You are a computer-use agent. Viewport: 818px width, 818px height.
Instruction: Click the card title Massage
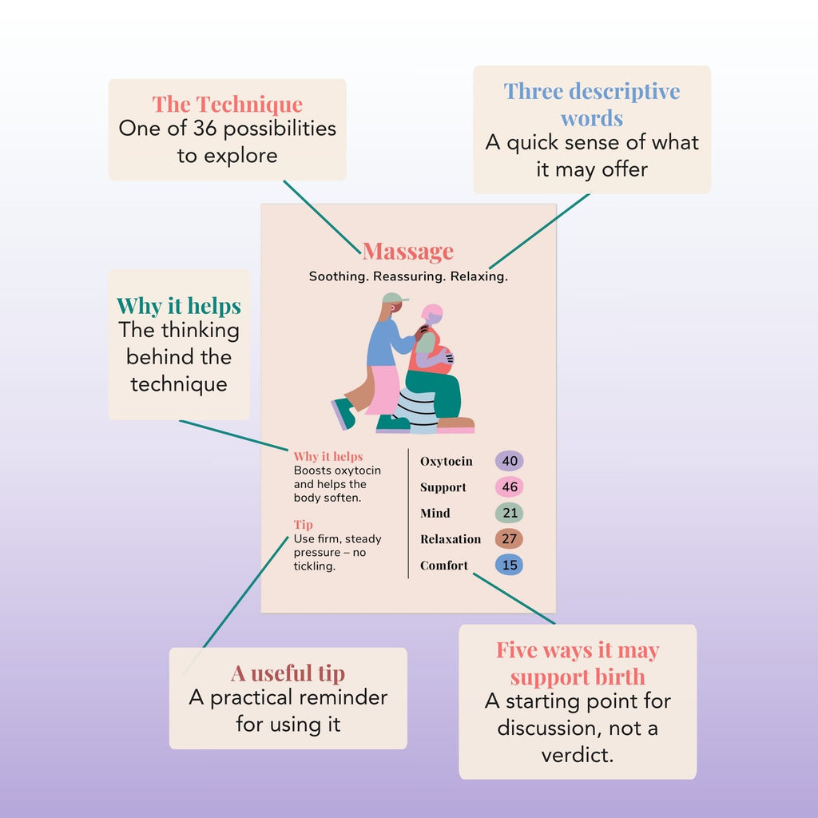[x=408, y=252]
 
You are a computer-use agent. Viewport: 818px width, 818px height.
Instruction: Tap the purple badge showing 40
[x=509, y=461]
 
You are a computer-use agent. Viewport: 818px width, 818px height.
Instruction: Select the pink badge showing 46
[x=509, y=486]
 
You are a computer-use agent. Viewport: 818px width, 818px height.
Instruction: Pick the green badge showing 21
[x=509, y=513]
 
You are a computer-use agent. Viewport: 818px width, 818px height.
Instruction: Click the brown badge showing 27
[x=509, y=539]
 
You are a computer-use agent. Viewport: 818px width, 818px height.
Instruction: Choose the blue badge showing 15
[x=509, y=565]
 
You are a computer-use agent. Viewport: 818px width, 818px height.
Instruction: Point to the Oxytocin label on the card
[x=447, y=462]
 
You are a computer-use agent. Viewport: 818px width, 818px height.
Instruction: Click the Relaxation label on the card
[x=451, y=539]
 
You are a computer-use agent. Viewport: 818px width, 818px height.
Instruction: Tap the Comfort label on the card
[x=444, y=565]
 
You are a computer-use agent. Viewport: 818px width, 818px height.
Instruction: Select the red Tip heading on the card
[x=303, y=525]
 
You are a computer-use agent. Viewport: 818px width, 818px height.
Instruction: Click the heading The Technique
[x=228, y=105]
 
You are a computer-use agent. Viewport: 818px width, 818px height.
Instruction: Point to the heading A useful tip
[x=288, y=673]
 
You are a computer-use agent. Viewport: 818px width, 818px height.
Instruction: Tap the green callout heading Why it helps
[x=179, y=306]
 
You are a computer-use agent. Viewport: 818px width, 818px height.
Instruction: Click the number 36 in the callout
[x=204, y=129]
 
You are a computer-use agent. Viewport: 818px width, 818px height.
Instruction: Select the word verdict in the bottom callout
[x=577, y=755]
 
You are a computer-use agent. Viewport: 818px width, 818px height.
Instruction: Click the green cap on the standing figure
[x=395, y=298]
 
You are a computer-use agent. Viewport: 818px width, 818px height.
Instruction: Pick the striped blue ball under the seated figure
[x=415, y=411]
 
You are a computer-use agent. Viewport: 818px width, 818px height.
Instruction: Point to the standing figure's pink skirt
[x=383, y=390]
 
